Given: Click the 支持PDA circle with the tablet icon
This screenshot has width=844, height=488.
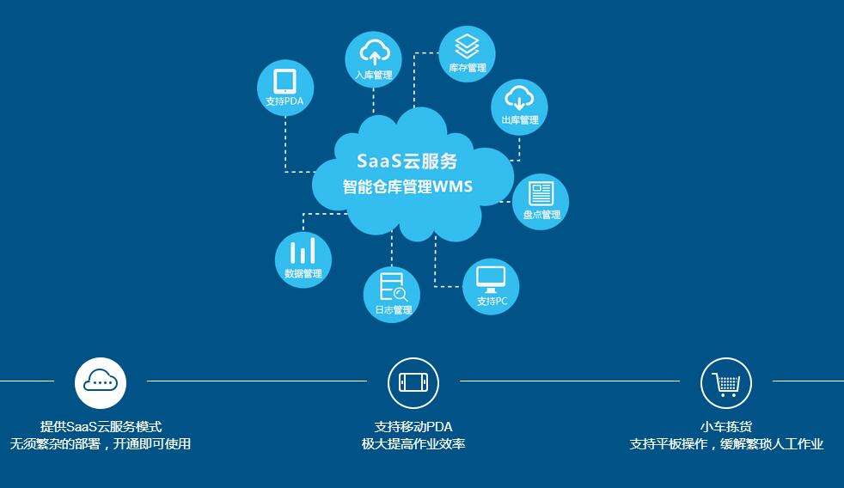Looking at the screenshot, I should point(285,88).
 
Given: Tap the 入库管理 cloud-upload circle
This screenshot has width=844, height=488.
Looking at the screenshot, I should point(373,58).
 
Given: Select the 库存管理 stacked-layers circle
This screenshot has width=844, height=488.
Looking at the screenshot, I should point(467,53).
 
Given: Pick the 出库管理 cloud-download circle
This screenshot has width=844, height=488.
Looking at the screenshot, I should point(519,107).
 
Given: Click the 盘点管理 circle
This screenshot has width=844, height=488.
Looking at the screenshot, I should point(541,202).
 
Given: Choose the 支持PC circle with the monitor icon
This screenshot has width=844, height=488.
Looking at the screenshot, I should point(492,286).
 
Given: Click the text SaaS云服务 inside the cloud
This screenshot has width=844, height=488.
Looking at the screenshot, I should point(407,161).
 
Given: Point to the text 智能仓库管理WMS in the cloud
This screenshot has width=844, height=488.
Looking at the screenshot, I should point(407,186).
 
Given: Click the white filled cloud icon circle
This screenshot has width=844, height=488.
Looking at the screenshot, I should point(101,382).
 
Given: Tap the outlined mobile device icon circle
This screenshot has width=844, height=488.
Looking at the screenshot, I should point(413,382).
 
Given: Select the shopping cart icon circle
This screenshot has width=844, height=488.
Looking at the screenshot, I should point(726,382).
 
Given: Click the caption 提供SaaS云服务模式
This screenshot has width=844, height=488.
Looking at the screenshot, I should point(101,426).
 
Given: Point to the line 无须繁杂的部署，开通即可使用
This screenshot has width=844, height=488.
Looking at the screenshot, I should point(101,444).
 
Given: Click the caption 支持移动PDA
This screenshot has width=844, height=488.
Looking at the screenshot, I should point(413,426).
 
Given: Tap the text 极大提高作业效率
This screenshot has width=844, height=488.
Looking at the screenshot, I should point(413,444).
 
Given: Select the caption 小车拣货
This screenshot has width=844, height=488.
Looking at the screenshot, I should point(726,426).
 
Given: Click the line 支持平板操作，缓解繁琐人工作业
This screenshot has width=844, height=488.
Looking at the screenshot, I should point(726,444).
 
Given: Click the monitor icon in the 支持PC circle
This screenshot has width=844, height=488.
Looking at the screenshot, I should point(492,278).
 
